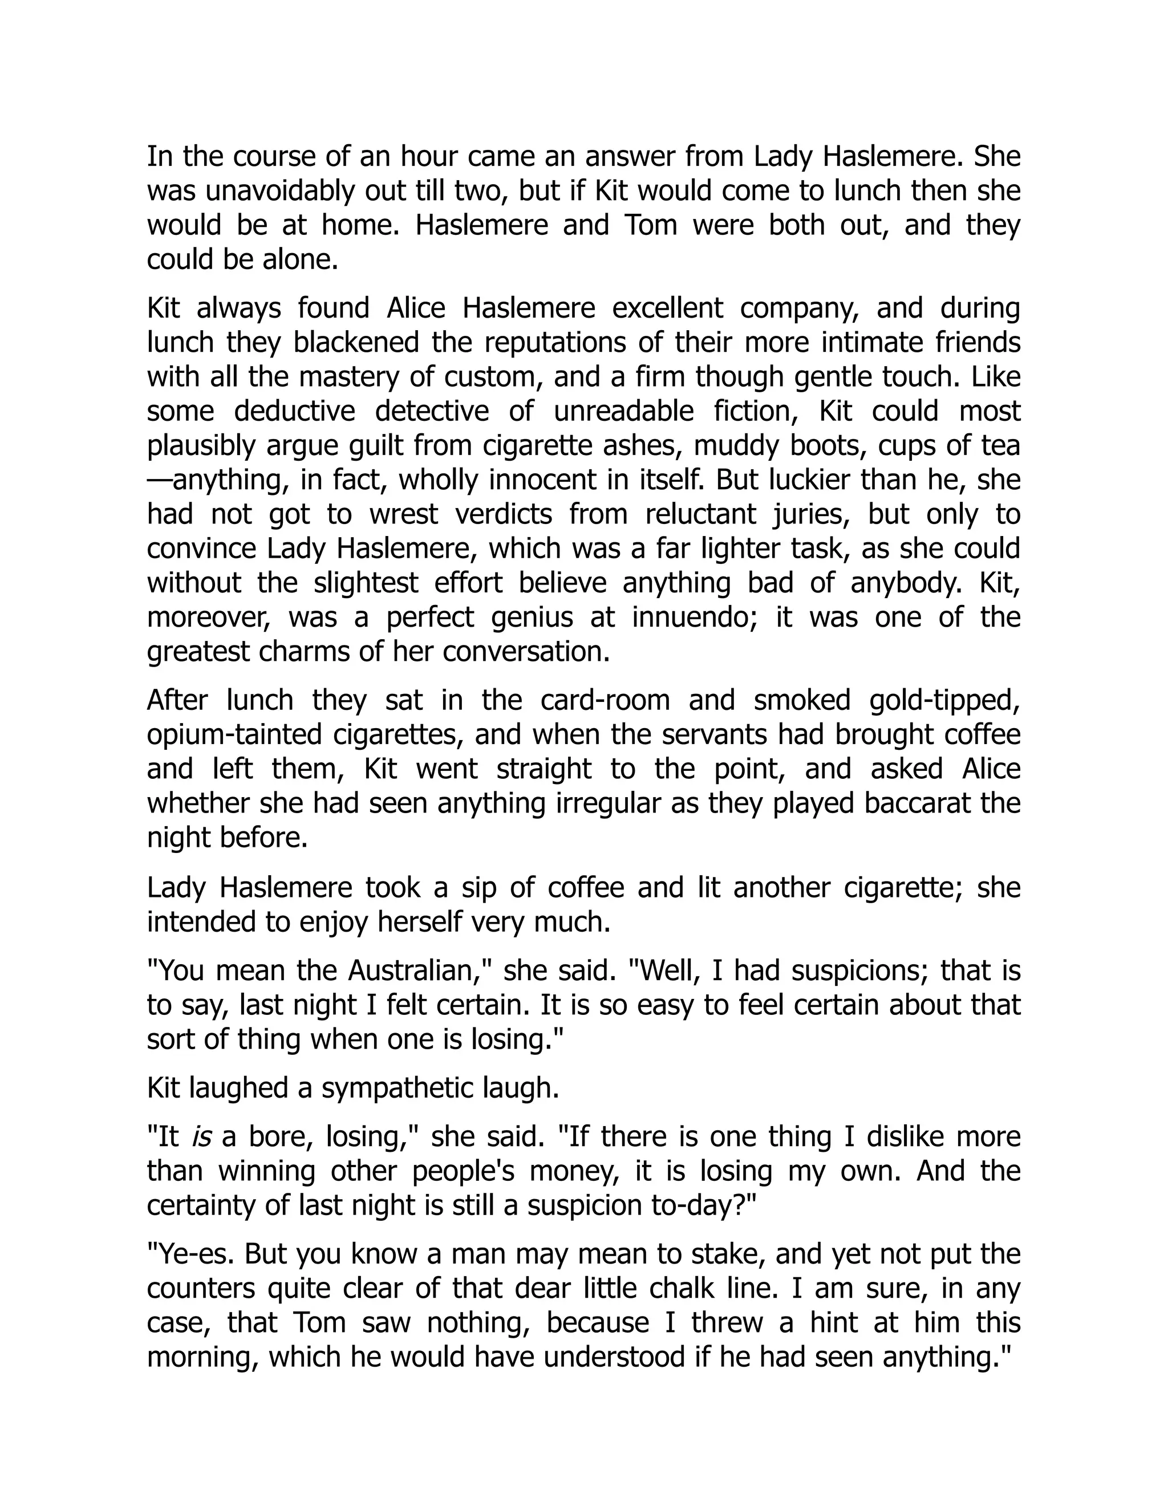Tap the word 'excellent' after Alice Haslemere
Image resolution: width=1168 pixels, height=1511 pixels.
pyautogui.click(x=666, y=308)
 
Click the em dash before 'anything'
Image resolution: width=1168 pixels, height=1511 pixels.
pyautogui.click(x=159, y=480)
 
